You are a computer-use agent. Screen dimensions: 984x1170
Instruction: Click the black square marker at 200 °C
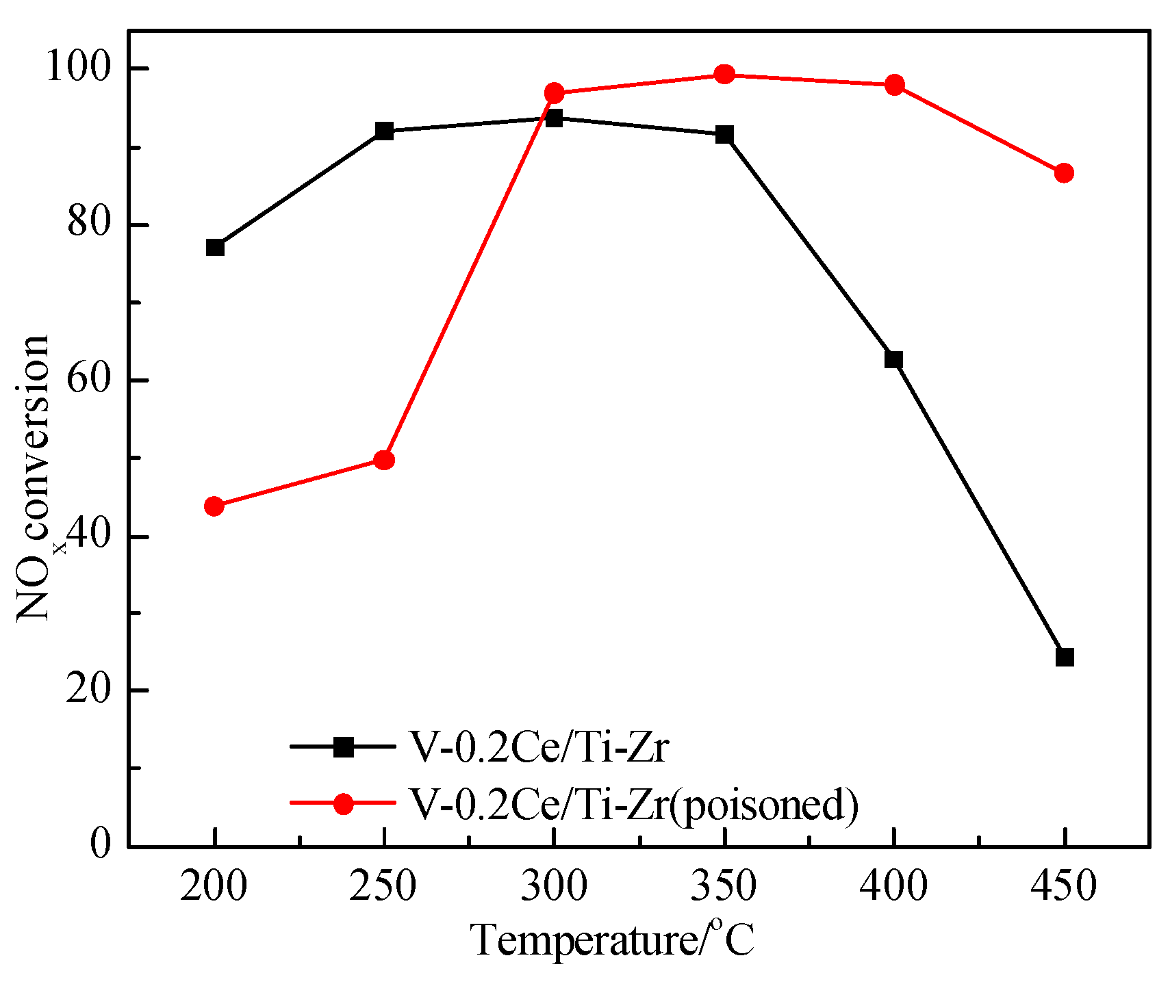pyautogui.click(x=215, y=247)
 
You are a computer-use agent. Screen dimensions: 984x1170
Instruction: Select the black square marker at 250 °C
pyautogui.click(x=385, y=131)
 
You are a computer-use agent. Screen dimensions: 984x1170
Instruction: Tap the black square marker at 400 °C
pyautogui.click(x=893, y=359)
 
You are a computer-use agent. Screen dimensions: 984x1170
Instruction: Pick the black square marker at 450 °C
pyautogui.click(x=1065, y=658)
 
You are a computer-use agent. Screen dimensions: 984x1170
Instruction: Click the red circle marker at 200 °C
pyautogui.click(x=214, y=506)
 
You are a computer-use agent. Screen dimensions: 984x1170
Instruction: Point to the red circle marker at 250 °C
pyautogui.click(x=385, y=460)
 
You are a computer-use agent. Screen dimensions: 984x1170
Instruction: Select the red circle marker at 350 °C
pyautogui.click(x=724, y=74)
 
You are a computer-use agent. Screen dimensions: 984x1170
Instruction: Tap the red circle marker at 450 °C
pyautogui.click(x=1064, y=173)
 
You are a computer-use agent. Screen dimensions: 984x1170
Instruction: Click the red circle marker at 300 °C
pyautogui.click(x=555, y=93)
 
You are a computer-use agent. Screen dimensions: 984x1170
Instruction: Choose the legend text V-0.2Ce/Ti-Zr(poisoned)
pyautogui.click(x=633, y=803)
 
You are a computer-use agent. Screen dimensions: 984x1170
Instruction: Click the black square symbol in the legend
pyautogui.click(x=343, y=747)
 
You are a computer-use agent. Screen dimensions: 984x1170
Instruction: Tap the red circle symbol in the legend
pyautogui.click(x=343, y=803)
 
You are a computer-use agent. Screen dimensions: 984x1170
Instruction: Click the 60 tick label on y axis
pyautogui.click(x=88, y=380)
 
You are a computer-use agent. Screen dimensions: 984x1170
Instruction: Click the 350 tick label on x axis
pyautogui.click(x=724, y=887)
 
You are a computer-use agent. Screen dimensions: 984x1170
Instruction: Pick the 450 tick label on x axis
pyautogui.click(x=1063, y=887)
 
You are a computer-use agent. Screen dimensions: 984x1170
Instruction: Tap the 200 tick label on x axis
pyautogui.click(x=214, y=887)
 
